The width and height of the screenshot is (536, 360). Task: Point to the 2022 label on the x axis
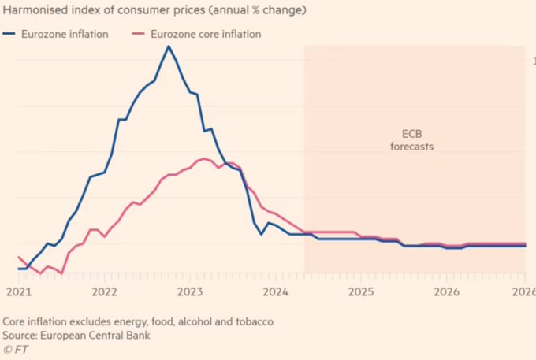pyautogui.click(x=104, y=291)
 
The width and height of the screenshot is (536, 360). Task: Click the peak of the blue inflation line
pyautogui.click(x=168, y=46)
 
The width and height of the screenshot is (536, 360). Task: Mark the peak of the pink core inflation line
pyautogui.click(x=204, y=158)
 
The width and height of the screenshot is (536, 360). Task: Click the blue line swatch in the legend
pyautogui.click(x=13, y=35)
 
